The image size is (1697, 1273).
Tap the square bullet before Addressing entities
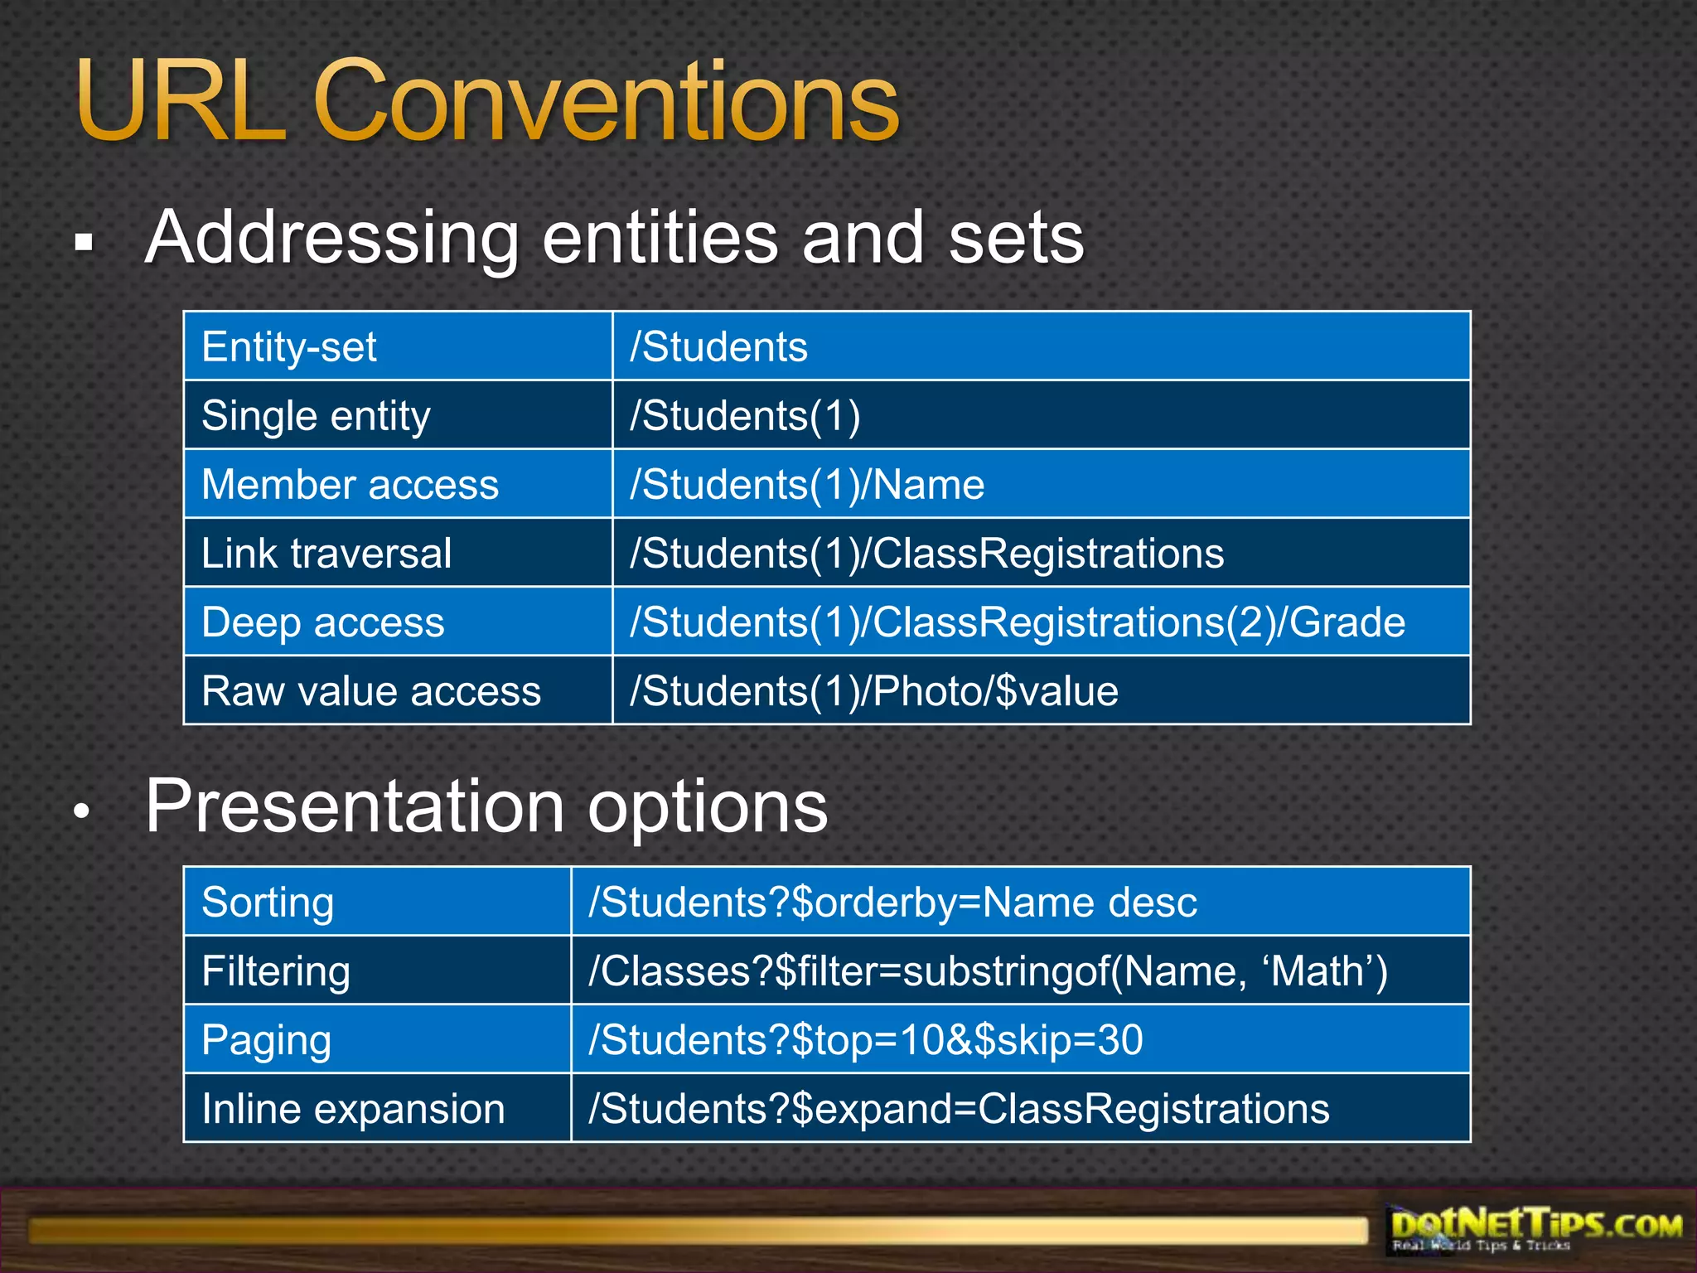tap(83, 243)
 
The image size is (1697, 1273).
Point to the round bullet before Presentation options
tap(81, 811)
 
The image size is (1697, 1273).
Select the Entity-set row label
tap(289, 346)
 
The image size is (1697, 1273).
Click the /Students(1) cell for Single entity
tap(745, 415)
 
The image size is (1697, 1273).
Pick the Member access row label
tap(350, 484)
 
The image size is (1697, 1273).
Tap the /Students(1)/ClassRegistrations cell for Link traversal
tap(926, 553)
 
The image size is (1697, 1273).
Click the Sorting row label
tap(268, 902)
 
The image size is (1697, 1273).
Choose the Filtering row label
tap(276, 970)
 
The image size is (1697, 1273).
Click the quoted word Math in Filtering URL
tap(1317, 970)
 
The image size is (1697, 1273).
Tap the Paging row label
tap(266, 1039)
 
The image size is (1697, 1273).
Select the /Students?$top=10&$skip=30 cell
tap(865, 1039)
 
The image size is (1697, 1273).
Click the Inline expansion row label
tap(353, 1108)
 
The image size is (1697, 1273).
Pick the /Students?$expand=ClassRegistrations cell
tap(959, 1108)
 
